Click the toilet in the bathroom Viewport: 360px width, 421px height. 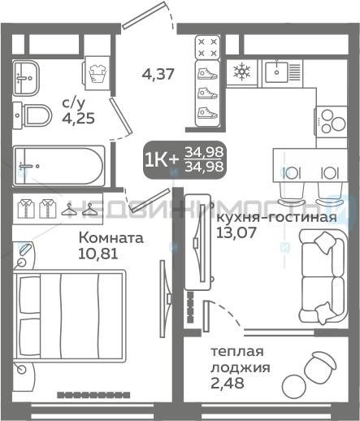[x=33, y=115]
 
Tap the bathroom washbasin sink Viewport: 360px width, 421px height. [x=26, y=78]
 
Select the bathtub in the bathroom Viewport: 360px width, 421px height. [x=59, y=166]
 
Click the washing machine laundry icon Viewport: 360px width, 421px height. [x=97, y=73]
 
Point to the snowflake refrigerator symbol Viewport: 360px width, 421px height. [x=241, y=72]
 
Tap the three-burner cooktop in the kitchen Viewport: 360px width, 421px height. [x=331, y=122]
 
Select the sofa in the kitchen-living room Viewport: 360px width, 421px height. [x=323, y=276]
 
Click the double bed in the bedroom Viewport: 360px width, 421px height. [x=69, y=315]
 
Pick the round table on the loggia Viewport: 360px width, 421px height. [x=293, y=387]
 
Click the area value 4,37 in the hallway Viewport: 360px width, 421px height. [x=158, y=74]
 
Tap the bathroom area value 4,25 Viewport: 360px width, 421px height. [x=78, y=119]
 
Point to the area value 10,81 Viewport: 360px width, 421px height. [x=98, y=254]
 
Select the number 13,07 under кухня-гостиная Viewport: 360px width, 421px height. [x=236, y=232]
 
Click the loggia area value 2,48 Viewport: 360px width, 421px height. [x=228, y=383]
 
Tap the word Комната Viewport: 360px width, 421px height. [x=111, y=238]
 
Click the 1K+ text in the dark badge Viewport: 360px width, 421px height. [x=162, y=160]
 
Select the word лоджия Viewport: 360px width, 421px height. [x=241, y=367]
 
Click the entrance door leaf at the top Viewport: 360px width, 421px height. [x=144, y=15]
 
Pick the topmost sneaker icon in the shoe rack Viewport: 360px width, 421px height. [x=207, y=74]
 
